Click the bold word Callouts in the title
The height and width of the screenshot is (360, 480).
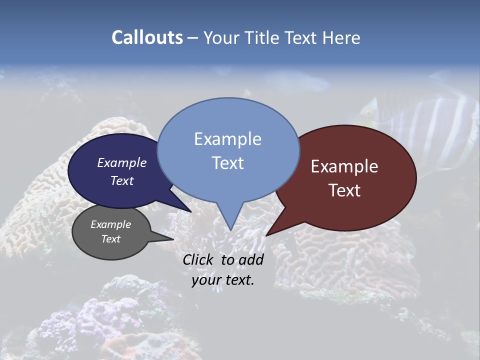147,37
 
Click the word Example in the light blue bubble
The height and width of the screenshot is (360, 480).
227,139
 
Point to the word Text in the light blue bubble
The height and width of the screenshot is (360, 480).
227,163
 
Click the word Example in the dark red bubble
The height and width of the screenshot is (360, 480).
344,166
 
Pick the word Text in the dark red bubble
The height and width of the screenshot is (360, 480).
345,190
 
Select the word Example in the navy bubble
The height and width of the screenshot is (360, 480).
121,162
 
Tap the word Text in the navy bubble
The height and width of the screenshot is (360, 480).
122,180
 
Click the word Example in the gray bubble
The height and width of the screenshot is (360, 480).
110,224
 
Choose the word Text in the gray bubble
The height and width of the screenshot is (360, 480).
111,239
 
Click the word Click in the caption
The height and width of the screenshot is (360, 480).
198,259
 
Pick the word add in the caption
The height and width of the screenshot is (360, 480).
251,259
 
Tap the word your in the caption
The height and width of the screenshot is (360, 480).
205,280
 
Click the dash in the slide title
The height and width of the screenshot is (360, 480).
193,38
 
